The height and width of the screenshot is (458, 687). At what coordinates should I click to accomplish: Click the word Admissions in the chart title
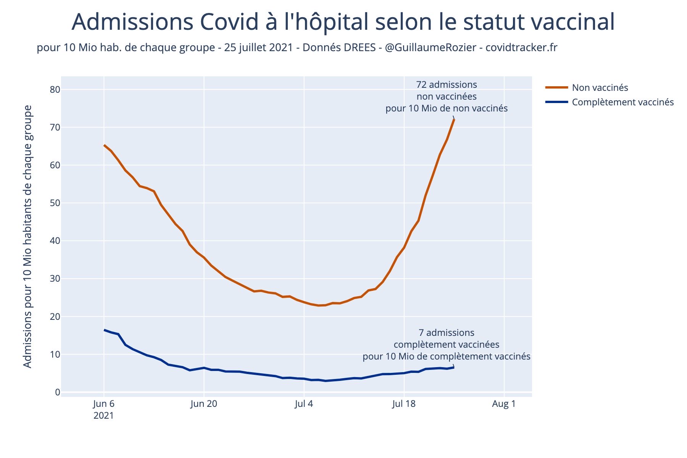coord(132,22)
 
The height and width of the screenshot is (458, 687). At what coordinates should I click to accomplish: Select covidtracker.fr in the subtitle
coord(521,48)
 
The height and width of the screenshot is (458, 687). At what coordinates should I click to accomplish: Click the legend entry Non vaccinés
coord(600,88)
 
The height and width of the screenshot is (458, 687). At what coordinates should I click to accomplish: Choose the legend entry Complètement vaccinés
coord(622,102)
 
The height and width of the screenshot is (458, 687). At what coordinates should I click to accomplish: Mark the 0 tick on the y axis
coord(57,392)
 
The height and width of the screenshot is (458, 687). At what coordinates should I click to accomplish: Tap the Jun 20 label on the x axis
coord(204,404)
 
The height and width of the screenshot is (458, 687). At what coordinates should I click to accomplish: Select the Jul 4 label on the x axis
coord(304,404)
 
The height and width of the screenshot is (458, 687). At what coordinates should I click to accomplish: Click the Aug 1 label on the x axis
coord(504,404)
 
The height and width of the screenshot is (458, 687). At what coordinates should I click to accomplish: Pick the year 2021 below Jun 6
coord(103,416)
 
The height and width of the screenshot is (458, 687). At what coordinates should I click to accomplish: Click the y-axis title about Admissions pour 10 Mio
coord(27,237)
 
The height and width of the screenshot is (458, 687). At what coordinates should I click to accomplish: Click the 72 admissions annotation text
coord(446,84)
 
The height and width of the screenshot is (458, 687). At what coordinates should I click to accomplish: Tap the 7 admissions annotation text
coord(446,333)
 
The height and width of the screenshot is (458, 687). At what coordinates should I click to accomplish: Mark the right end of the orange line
coord(454,120)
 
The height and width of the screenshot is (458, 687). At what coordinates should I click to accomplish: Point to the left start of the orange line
coord(104,145)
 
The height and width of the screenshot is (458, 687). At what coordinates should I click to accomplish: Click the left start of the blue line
coord(104,330)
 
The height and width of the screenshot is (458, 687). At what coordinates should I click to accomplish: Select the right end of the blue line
coord(454,367)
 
